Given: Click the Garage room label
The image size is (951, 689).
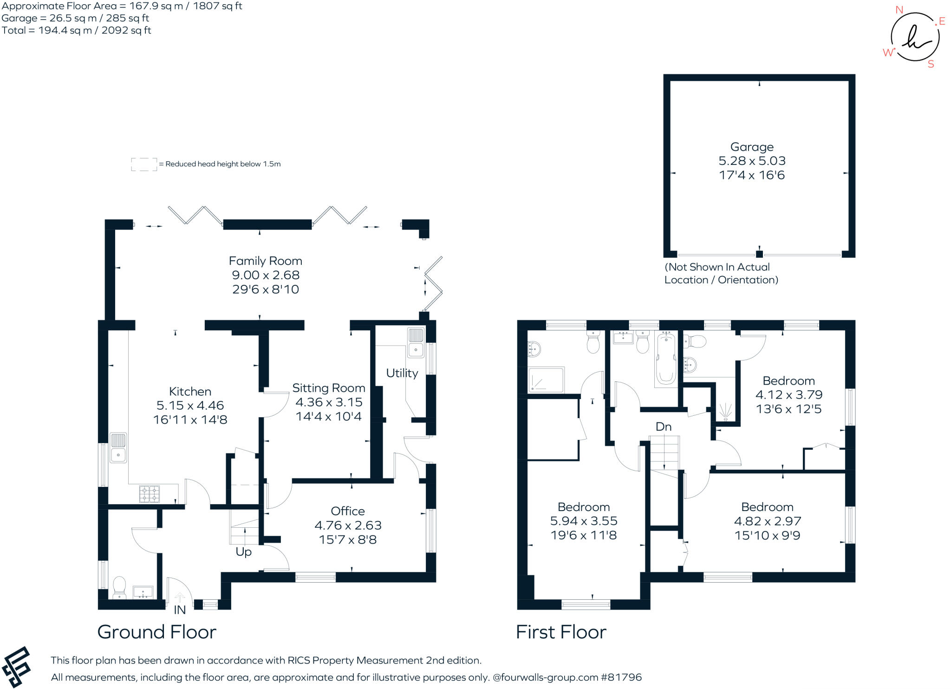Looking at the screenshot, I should (x=752, y=147).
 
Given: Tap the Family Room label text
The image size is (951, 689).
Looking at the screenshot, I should (x=265, y=261).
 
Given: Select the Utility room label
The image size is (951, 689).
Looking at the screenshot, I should (x=402, y=373).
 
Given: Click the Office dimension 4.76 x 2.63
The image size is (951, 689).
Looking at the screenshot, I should (x=348, y=525).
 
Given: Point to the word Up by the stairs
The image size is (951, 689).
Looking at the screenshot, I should (x=243, y=552).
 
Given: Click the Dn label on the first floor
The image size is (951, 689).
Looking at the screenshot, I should (x=664, y=427).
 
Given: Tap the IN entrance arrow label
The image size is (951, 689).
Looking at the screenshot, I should (x=180, y=610).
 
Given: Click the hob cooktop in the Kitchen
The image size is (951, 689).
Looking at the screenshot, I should (x=150, y=493).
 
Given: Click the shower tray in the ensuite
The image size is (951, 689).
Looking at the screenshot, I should (x=546, y=380).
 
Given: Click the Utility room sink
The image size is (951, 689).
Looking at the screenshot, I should (x=416, y=342).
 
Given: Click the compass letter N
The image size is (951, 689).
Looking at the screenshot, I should (x=899, y=10).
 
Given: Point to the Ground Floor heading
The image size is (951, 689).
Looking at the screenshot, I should (x=156, y=632).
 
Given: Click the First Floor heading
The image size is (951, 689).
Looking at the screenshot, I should (x=561, y=632).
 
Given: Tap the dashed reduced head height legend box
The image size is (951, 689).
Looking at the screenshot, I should (x=144, y=164).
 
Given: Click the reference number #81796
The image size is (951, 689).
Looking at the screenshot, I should (x=621, y=677).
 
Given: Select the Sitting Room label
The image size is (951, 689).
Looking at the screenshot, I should (x=328, y=388).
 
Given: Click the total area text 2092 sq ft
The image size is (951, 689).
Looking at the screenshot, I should (x=126, y=31).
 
